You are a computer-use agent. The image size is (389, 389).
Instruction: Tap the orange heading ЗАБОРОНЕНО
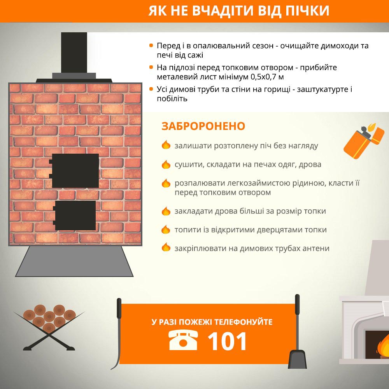pyautogui.click(x=203, y=126)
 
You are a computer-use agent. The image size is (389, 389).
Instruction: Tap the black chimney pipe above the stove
pyautogui.click(x=74, y=53)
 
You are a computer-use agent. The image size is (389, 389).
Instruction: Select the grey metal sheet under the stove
pyautogui.click(x=74, y=261)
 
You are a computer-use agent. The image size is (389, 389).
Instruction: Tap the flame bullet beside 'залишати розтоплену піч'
pyautogui.click(x=166, y=145)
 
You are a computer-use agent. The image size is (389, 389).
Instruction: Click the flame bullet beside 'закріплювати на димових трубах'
pyautogui.click(x=166, y=247)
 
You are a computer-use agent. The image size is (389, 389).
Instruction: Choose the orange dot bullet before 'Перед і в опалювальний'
pyautogui.click(x=151, y=46)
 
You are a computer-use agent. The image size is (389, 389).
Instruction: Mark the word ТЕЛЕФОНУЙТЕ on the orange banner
pyautogui.click(x=244, y=322)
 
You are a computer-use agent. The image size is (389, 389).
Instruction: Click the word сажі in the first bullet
pyautogui.click(x=195, y=55)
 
